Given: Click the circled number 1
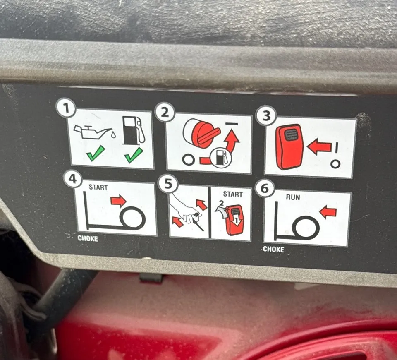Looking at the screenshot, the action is (x=66, y=108).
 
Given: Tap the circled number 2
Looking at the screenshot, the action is (x=165, y=112).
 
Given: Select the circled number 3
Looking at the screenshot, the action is (x=266, y=116).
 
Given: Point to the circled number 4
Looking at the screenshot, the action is (x=73, y=179).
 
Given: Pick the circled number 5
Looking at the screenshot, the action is (x=168, y=184).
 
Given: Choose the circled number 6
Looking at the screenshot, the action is (x=264, y=189).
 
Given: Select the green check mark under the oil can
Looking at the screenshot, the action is (x=96, y=153).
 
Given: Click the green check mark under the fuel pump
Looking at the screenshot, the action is (x=134, y=155).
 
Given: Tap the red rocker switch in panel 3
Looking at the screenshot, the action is (x=289, y=146).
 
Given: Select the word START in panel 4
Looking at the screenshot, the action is (x=98, y=187).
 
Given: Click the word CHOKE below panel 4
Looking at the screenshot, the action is (x=88, y=238).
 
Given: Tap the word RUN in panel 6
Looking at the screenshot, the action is (x=293, y=197).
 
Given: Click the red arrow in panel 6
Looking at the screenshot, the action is (x=328, y=212).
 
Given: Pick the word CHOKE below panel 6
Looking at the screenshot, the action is (x=273, y=249).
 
